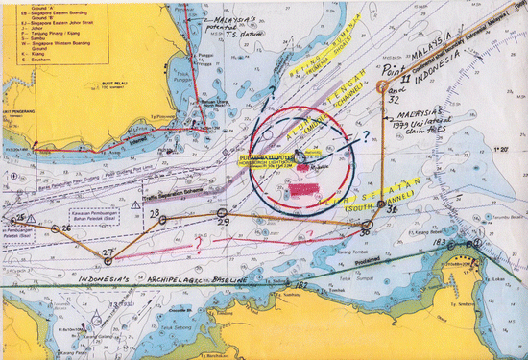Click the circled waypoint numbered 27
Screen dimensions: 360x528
tap(108, 260)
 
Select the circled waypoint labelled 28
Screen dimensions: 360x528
tap(161, 220)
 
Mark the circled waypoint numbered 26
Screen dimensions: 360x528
tap(55, 231)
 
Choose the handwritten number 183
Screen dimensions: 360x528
tap(441, 244)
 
